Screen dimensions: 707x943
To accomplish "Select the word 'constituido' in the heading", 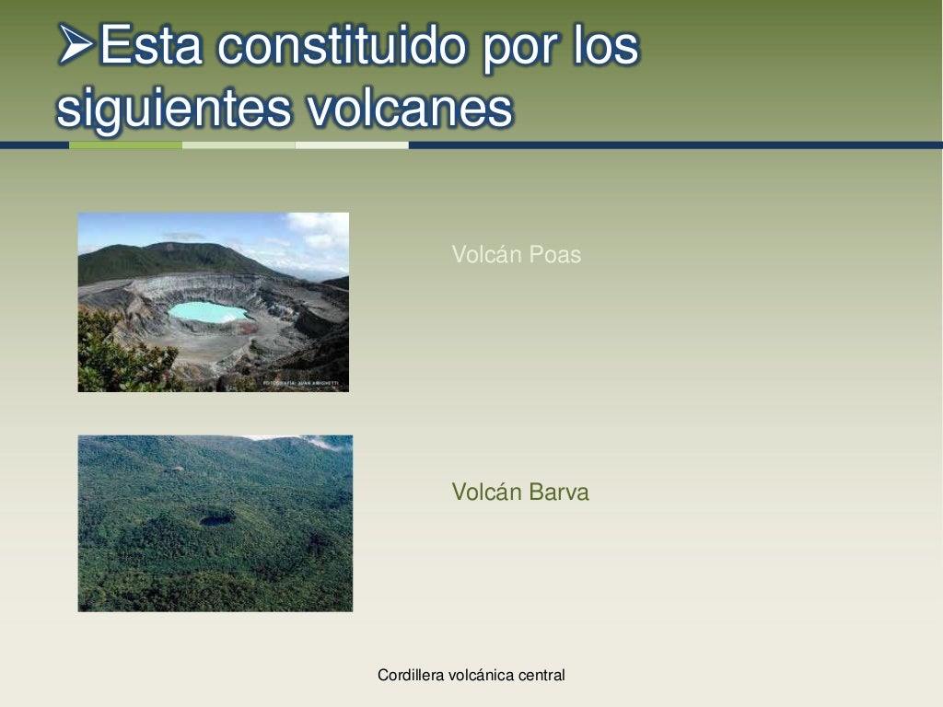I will pyautogui.click(x=345, y=45).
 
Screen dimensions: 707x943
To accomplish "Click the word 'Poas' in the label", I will pyautogui.click(x=555, y=255).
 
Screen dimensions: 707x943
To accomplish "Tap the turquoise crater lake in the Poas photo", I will pyautogui.click(x=207, y=312).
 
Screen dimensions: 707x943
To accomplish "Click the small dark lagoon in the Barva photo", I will pyautogui.click(x=216, y=520).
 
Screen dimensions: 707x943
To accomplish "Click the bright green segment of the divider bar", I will pyautogui.click(x=125, y=145).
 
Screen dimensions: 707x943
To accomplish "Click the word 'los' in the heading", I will pyautogui.click(x=604, y=45).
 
